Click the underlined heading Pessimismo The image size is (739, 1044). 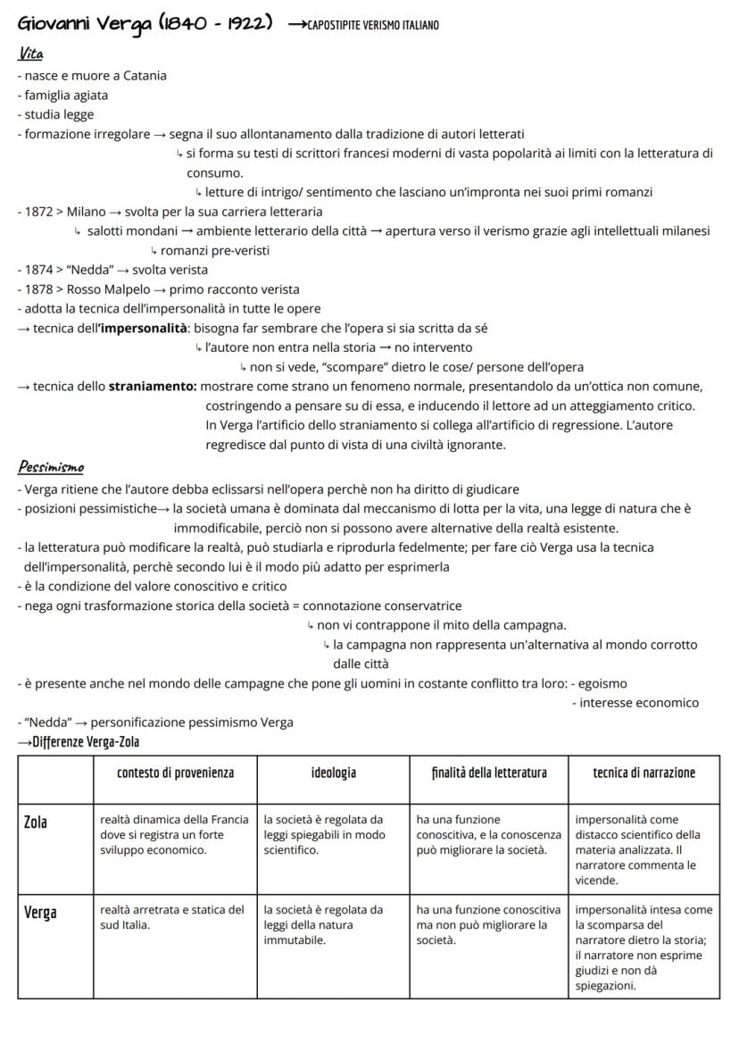59,467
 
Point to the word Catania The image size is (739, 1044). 143,75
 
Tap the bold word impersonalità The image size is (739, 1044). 142,328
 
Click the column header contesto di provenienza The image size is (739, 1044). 175,773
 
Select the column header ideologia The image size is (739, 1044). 333,773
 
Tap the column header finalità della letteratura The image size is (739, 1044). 488,773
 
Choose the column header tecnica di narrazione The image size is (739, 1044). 644,773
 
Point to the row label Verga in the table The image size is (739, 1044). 41,912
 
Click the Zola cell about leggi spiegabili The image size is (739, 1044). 324,834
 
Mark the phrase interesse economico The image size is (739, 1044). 639,703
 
